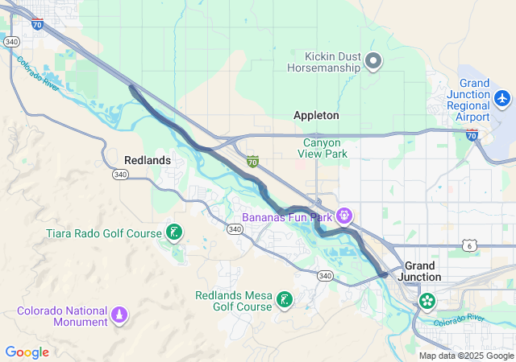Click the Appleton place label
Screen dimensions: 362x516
coord(316,115)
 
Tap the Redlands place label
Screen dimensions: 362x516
coord(148,160)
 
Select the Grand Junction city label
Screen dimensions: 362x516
coord(422,271)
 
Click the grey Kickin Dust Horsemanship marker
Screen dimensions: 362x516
coord(373,60)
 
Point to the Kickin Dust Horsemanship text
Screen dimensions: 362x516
coord(332,61)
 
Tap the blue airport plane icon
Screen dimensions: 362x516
coord(502,98)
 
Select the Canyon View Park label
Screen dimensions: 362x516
coord(325,148)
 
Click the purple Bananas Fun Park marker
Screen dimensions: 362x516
coord(345,215)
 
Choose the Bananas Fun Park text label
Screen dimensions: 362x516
coord(288,216)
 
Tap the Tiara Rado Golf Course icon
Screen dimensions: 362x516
coord(173,233)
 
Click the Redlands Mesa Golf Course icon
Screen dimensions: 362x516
coord(284,300)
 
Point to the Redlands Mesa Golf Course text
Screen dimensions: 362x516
coord(234,301)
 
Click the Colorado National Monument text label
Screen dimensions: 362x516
coord(63,316)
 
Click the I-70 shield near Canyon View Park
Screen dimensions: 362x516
coord(252,162)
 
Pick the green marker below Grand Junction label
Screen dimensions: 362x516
coord(427,302)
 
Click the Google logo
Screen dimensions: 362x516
coord(27,352)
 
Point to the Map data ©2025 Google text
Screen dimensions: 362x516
coord(465,356)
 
